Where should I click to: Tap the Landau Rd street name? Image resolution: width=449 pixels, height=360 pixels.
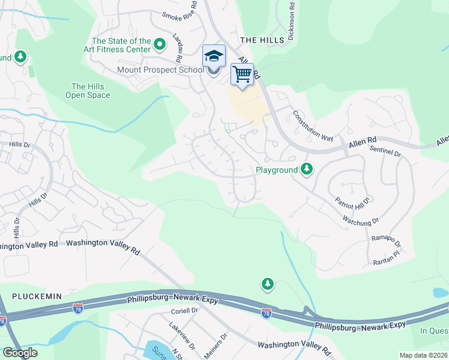(177, 47)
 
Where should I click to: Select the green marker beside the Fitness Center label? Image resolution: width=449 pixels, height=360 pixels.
(160, 44)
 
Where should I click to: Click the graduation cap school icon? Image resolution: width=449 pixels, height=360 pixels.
(214, 56)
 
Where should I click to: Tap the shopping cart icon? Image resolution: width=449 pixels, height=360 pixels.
(242, 74)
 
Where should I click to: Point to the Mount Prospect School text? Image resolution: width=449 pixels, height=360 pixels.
(160, 70)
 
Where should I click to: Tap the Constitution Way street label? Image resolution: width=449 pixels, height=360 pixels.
(313, 125)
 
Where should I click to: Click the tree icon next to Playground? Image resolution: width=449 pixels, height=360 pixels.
(307, 170)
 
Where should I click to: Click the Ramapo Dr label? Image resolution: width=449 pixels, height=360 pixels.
(385, 241)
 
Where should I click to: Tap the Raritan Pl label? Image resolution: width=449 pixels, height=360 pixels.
(384, 256)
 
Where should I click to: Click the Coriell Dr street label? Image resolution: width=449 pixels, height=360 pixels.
(184, 310)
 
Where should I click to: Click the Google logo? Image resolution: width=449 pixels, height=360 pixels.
(20, 353)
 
